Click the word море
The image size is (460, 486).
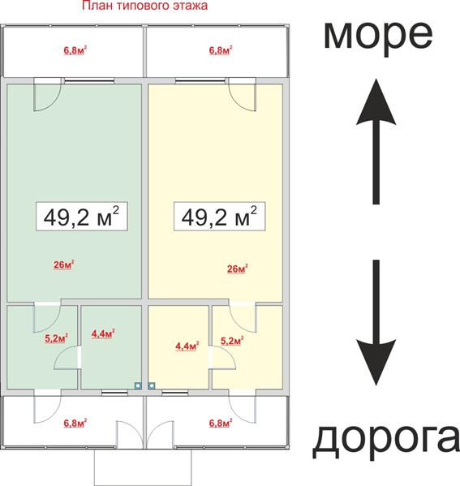pos(378,37)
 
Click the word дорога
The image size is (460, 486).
pos(386,440)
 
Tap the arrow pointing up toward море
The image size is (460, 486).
pos(376,142)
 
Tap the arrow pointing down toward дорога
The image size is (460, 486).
pos(376,323)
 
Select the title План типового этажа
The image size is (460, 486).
pos(144,6)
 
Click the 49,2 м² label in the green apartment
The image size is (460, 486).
pos(81,217)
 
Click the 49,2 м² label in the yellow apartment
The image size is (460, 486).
pos(219,217)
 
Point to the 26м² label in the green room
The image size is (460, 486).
pos(64,265)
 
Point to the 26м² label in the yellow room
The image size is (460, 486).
pos(238,269)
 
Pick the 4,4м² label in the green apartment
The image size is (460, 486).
pos(103,333)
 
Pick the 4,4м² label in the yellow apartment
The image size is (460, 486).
pos(187,346)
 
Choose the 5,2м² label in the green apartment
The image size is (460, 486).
pos(57,338)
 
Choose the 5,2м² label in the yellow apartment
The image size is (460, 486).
pos(232,341)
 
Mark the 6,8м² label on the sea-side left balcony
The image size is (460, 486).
pos(75,50)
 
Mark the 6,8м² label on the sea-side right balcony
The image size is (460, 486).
pos(221,50)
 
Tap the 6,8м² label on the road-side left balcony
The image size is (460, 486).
pos(75,423)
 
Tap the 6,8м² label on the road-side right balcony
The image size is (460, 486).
pos(221,423)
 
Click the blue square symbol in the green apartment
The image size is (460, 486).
pos(138,385)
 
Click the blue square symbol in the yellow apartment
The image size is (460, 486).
pos(151,385)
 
